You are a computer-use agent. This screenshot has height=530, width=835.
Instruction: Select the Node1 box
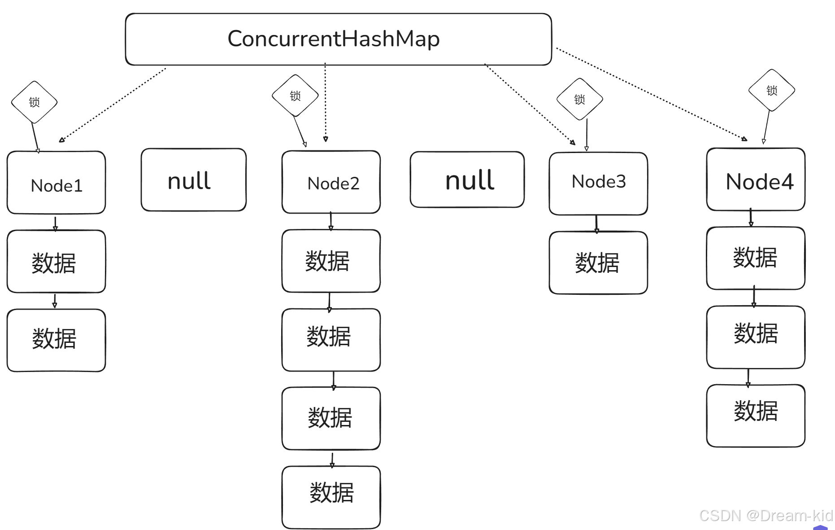pyautogui.click(x=57, y=183)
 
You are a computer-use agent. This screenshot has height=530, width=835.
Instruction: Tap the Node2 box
pyautogui.click(x=331, y=182)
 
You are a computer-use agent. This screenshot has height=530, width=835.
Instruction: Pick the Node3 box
pyautogui.click(x=598, y=184)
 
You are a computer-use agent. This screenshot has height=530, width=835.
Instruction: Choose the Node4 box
pyautogui.click(x=756, y=180)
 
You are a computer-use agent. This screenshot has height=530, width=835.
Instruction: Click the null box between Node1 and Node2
pyautogui.click(x=193, y=180)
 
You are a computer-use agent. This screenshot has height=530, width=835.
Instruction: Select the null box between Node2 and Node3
pyautogui.click(x=467, y=180)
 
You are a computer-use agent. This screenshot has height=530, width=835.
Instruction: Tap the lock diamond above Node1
pyautogui.click(x=34, y=102)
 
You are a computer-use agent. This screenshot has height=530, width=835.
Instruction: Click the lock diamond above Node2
pyautogui.click(x=295, y=96)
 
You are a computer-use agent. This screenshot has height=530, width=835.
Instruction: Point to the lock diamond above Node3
pyautogui.click(x=579, y=99)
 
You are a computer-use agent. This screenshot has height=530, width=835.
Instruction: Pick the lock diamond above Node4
pyautogui.click(x=771, y=90)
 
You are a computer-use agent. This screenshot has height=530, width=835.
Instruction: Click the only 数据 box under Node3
pyautogui.click(x=598, y=263)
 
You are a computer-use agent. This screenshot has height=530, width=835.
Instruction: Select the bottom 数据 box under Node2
pyautogui.click(x=331, y=497)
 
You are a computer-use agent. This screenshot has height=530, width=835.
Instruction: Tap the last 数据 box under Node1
pyautogui.click(x=57, y=340)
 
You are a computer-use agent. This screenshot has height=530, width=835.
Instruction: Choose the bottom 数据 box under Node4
pyautogui.click(x=756, y=416)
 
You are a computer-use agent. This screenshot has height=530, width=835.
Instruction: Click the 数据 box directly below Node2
pyautogui.click(x=331, y=261)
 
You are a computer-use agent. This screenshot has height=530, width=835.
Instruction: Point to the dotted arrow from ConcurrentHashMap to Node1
pyautogui.click(x=112, y=105)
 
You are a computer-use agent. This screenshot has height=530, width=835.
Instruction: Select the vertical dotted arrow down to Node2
pyautogui.click(x=326, y=103)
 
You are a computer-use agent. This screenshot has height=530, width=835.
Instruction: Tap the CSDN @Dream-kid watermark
pyautogui.click(x=766, y=516)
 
